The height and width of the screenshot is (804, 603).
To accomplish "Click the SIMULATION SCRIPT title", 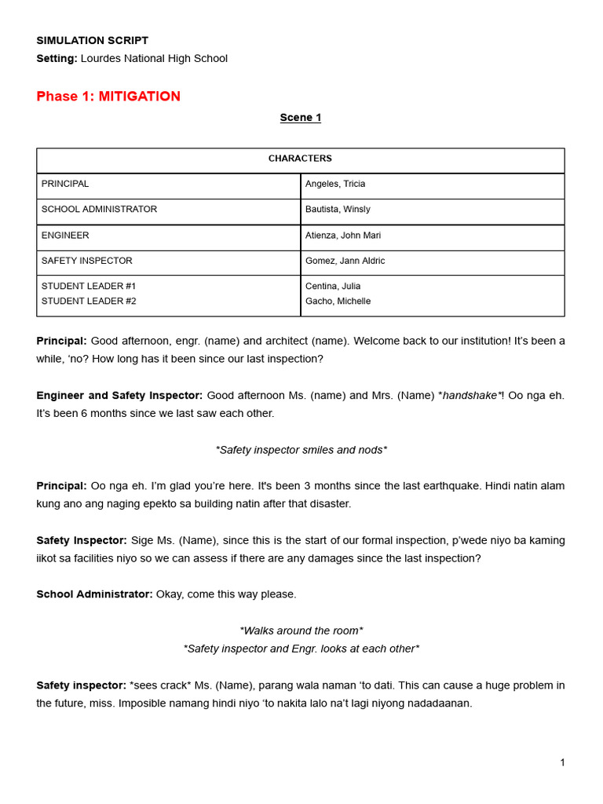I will coord(92,40).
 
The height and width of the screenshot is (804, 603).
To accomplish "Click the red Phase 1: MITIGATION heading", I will coord(108,97).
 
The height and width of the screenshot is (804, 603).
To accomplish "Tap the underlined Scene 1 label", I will coord(301,118).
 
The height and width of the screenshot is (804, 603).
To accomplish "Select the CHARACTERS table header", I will coord(300,159).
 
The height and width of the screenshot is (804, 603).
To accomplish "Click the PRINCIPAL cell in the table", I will coord(65,184).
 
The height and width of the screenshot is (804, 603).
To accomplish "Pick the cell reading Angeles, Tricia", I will coord(335,184).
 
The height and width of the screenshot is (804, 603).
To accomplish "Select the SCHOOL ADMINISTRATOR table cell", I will coord(99,210).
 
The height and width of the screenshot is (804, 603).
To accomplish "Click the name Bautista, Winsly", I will coord(338,210).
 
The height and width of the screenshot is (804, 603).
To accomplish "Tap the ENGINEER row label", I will coord(65,236).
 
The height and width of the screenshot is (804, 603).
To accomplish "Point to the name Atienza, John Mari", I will coord(343,236).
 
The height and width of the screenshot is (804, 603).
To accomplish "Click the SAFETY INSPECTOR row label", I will coord(86,261).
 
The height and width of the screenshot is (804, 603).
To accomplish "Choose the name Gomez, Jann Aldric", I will coord(345,261).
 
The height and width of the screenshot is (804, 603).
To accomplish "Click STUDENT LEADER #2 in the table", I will coord(89,301).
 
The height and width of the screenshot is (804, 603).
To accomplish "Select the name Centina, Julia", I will coord(333,287).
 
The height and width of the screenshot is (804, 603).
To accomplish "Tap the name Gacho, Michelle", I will coord(338,301).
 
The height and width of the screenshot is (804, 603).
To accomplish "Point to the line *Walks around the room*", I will coord(301,631).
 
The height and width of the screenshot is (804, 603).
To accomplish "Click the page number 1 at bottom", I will coord(562,762).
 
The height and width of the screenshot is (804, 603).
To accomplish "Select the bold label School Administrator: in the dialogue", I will coord(94,594).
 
